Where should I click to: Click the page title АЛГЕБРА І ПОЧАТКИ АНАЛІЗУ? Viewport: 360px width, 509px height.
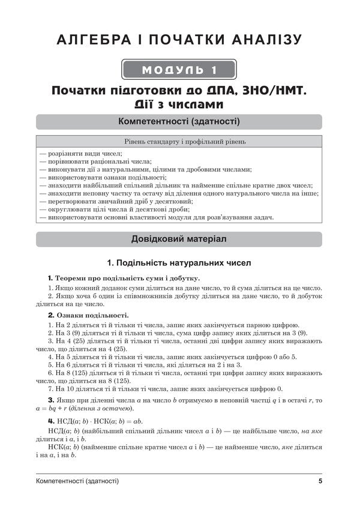[x=179, y=41]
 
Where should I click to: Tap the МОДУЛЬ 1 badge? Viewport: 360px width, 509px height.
[x=179, y=70]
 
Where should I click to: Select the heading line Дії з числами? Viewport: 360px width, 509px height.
[x=179, y=104]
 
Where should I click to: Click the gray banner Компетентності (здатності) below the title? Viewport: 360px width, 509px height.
[x=179, y=122]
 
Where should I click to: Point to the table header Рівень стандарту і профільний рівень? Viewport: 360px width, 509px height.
[x=179, y=142]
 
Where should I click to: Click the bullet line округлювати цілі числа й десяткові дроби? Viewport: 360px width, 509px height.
[x=113, y=209]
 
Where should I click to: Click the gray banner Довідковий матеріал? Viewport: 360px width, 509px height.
[x=179, y=239]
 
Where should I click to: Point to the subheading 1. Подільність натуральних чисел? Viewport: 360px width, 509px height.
[x=179, y=263]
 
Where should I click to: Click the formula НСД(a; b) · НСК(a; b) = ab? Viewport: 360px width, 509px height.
[x=96, y=422]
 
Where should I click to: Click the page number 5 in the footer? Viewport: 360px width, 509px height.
[x=320, y=481]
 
